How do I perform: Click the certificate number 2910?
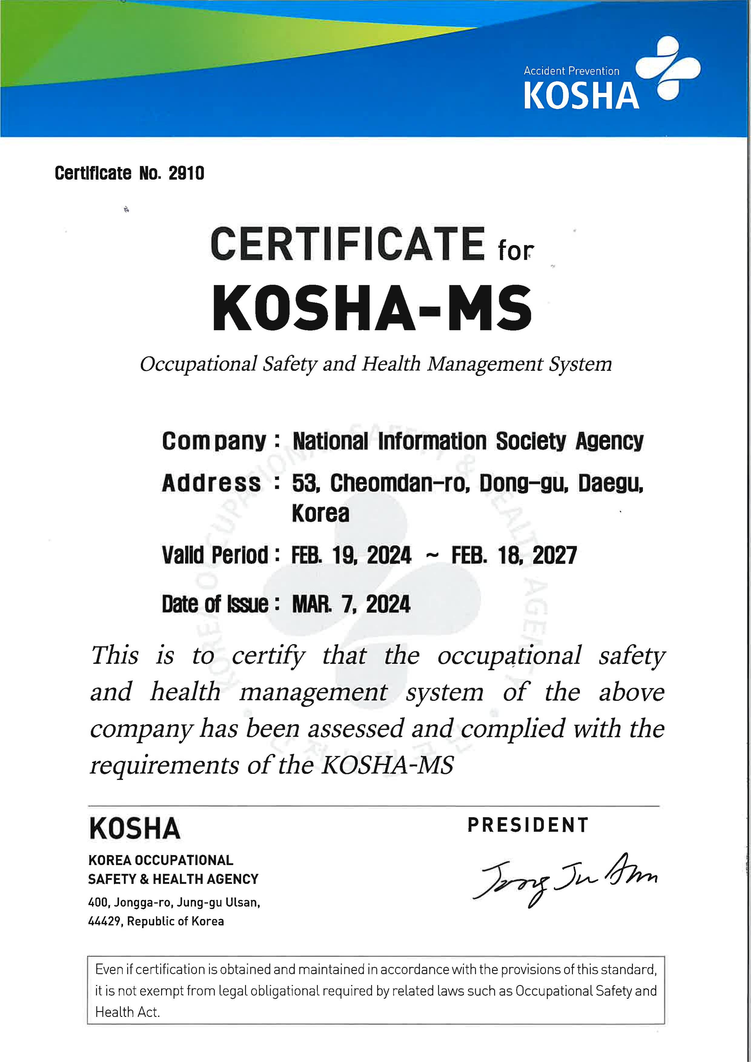(x=186, y=173)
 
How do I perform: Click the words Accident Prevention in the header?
(x=571, y=71)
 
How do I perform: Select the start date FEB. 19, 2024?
(x=351, y=555)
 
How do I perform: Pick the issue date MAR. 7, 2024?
(x=351, y=604)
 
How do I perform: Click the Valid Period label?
(x=215, y=555)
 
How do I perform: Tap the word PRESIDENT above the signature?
(x=528, y=825)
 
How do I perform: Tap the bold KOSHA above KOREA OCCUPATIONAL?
(x=134, y=828)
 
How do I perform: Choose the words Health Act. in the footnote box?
(x=127, y=1012)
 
